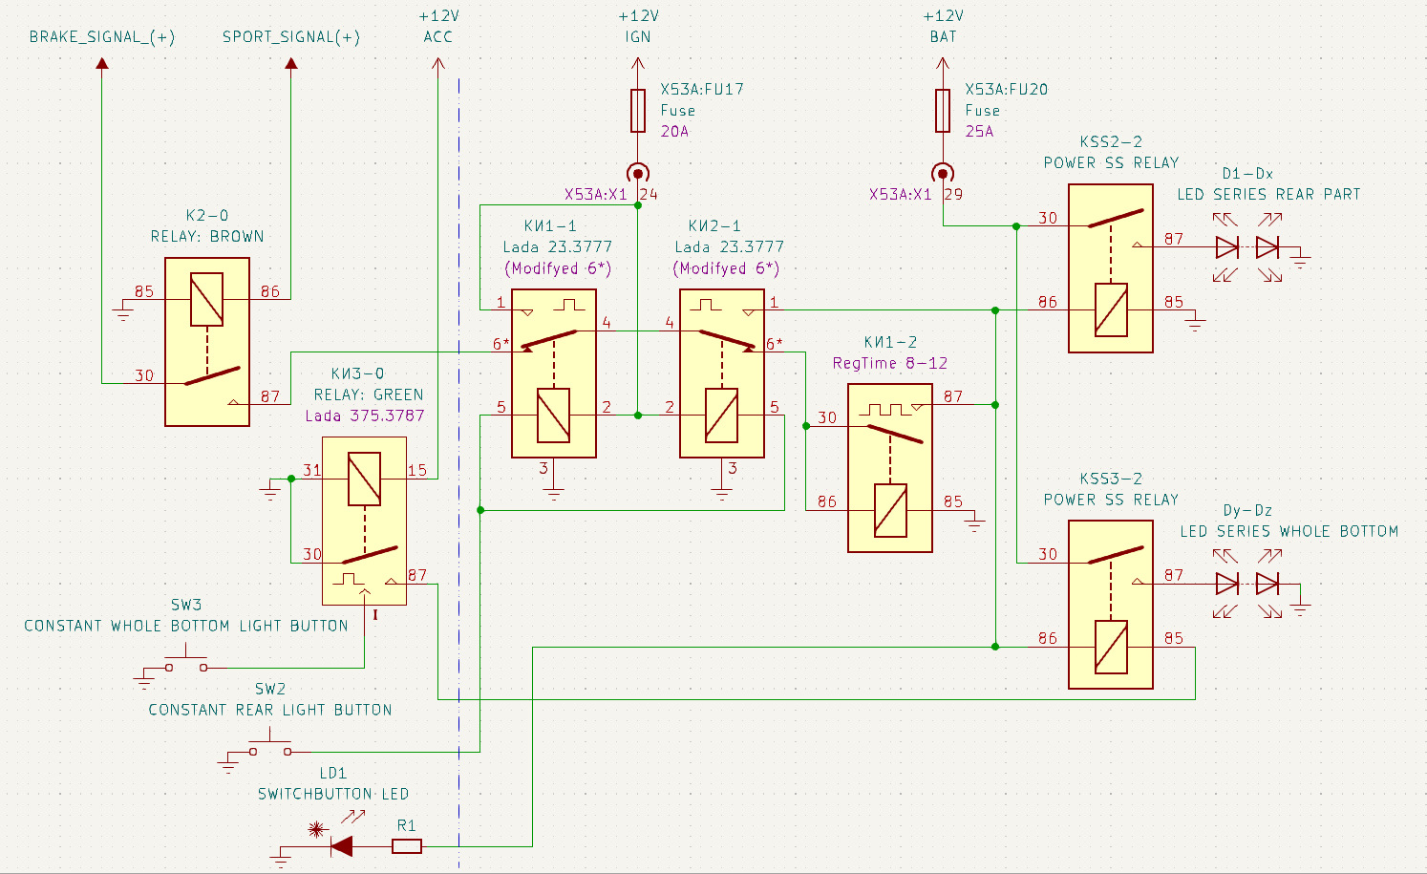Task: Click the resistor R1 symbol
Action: point(407,846)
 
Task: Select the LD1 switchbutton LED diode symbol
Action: point(341,846)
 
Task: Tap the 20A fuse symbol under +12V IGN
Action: point(638,111)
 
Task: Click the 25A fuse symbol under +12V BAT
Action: point(943,111)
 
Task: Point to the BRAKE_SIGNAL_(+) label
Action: point(102,37)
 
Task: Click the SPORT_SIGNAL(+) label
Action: point(291,37)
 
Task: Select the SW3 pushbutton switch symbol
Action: point(186,663)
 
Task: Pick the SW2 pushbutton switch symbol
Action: point(270,747)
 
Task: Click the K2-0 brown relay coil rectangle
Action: point(207,299)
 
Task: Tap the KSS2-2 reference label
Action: point(1111,141)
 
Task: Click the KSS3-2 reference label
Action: point(1111,479)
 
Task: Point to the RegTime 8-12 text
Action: point(890,363)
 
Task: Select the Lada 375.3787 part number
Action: point(365,416)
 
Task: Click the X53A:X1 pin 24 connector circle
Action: point(638,173)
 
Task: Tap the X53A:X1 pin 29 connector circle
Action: point(943,173)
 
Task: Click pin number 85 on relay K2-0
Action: point(144,291)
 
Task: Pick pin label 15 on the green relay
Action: point(417,470)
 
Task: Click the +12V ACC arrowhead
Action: point(438,62)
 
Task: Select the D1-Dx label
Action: point(1247,173)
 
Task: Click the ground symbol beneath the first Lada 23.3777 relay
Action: point(554,493)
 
